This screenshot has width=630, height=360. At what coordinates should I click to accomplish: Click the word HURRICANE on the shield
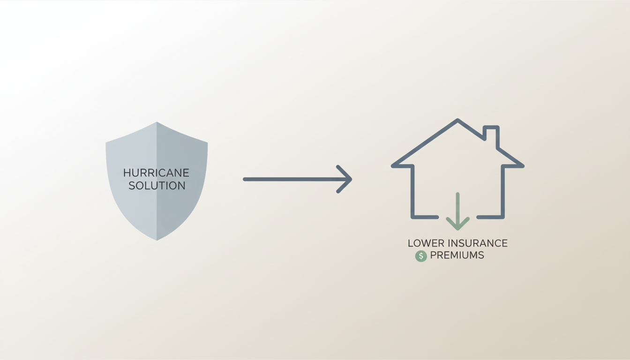(156, 172)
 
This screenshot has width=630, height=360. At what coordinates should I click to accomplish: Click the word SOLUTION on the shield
(157, 186)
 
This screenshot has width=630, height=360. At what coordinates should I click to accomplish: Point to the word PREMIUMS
(457, 255)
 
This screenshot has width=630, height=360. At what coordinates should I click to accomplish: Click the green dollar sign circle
(421, 256)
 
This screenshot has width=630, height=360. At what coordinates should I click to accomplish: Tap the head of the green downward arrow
(457, 224)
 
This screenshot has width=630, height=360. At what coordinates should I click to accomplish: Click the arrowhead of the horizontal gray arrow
(345, 179)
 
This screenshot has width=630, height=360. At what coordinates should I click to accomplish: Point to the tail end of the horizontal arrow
(245, 179)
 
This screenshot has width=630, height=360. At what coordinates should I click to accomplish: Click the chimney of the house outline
(491, 137)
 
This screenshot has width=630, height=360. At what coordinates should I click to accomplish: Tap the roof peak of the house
(457, 120)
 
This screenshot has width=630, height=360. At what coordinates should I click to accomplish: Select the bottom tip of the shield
(157, 240)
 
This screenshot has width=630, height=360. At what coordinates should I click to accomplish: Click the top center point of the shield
(157, 122)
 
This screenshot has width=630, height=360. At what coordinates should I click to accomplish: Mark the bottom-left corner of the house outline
(413, 217)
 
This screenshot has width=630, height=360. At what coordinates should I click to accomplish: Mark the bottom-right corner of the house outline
(502, 217)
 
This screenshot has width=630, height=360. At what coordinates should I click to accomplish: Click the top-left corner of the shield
(106, 143)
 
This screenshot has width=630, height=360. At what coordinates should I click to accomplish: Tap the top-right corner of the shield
(207, 143)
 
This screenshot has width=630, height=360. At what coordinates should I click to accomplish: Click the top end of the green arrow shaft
(457, 194)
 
